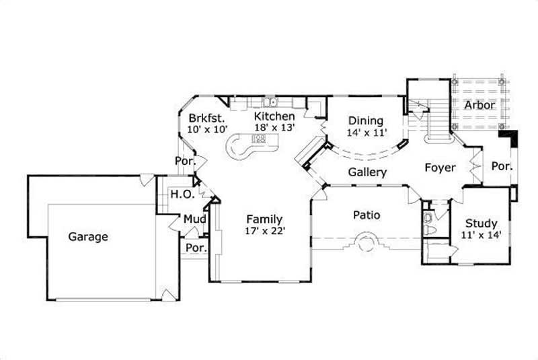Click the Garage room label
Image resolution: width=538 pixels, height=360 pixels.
88,237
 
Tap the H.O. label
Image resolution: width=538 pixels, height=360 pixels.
182,194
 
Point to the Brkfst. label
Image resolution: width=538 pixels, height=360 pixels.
206,116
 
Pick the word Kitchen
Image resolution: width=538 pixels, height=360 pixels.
274,116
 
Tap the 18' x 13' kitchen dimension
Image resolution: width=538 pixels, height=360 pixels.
274,128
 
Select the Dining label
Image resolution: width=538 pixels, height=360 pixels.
365,120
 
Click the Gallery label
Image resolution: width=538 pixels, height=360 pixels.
367,172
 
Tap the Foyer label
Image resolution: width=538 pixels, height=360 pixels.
440,168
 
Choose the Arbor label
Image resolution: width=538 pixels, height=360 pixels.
479,105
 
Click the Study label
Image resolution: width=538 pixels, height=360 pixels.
482,223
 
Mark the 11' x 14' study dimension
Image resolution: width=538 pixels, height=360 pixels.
482,235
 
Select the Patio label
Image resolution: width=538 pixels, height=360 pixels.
367,215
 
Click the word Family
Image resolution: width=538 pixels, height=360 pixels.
264,219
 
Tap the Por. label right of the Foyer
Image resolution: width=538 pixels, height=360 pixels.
501,166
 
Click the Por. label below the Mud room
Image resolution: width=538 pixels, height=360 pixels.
196,248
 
